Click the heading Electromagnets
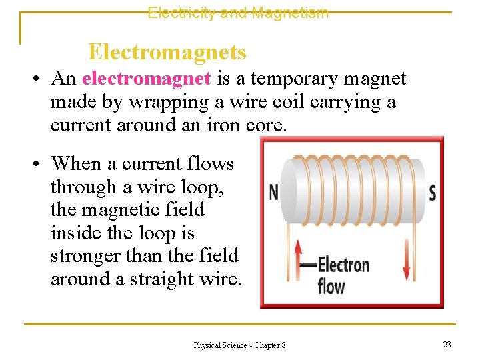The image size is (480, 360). pyautogui.click(x=167, y=51)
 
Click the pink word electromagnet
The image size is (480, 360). pyautogui.click(x=147, y=79)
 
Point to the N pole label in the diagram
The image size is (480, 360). pyautogui.click(x=274, y=193)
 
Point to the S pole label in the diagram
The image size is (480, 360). pyautogui.click(x=432, y=193)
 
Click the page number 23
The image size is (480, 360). pyautogui.click(x=447, y=344)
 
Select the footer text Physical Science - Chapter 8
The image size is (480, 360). pyautogui.click(x=239, y=345)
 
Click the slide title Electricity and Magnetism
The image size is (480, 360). pyautogui.click(x=238, y=12)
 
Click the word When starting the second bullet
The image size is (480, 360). pyautogui.click(x=77, y=163)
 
